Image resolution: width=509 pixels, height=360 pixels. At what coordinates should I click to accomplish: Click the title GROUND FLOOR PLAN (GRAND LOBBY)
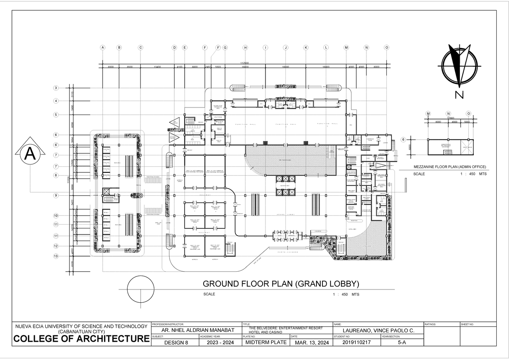pos(281,284)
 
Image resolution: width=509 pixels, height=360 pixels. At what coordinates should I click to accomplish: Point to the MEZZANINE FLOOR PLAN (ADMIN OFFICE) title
pos(450,167)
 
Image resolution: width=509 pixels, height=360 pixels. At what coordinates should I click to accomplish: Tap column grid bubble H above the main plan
pos(245,48)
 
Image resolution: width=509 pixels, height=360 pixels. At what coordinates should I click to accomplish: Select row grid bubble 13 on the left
pos(56,256)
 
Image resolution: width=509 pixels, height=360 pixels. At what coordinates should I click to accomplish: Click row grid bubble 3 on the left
pos(56,88)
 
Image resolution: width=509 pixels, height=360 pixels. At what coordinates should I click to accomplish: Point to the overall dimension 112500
pos(244,63)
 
